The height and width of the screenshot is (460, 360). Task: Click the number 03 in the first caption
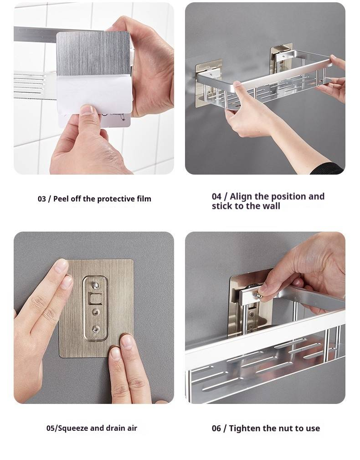[x=41, y=199]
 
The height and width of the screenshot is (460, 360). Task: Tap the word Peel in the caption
[x=61, y=199]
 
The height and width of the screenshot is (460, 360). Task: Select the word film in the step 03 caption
[x=144, y=199]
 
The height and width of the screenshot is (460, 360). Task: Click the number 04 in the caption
[x=216, y=196]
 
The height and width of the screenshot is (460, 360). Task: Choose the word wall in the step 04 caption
[x=271, y=206]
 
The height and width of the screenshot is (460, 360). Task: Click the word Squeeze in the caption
[x=72, y=429]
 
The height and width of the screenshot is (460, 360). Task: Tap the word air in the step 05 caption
[x=132, y=429]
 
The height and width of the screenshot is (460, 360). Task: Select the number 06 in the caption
[x=216, y=429]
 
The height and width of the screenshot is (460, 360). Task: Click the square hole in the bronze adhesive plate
[x=95, y=299]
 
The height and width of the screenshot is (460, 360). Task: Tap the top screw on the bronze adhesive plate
[x=95, y=284]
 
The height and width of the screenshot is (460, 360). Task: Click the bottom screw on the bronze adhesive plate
[x=95, y=329]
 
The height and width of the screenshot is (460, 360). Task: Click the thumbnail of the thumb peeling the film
[x=87, y=110]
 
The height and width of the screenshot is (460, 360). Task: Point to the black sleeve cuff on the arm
[x=328, y=169]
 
